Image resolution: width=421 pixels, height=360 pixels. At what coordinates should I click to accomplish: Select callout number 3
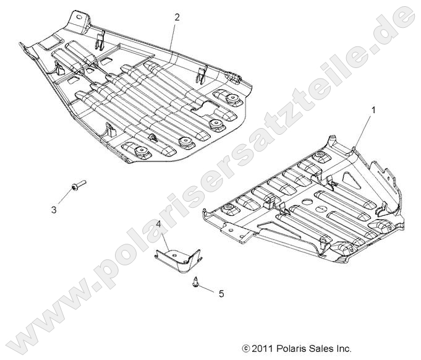(x=54, y=210)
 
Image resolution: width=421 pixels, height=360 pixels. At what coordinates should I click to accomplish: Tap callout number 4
(x=159, y=224)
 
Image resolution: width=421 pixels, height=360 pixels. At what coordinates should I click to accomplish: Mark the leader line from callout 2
(x=174, y=33)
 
